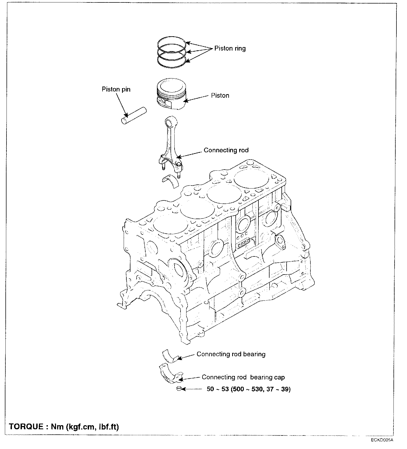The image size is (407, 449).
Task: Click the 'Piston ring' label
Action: click(x=230, y=48)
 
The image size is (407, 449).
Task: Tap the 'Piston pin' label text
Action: click(x=116, y=89)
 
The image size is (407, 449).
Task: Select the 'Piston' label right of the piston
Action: click(x=220, y=95)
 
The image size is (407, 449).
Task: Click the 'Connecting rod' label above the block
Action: click(x=226, y=150)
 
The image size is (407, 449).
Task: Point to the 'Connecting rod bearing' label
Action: click(x=231, y=354)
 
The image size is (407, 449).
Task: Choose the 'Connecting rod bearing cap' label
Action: click(x=243, y=377)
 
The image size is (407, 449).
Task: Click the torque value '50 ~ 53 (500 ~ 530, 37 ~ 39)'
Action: click(x=248, y=389)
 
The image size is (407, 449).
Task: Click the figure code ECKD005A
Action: click(x=382, y=440)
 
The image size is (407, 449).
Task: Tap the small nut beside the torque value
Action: click(x=178, y=389)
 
